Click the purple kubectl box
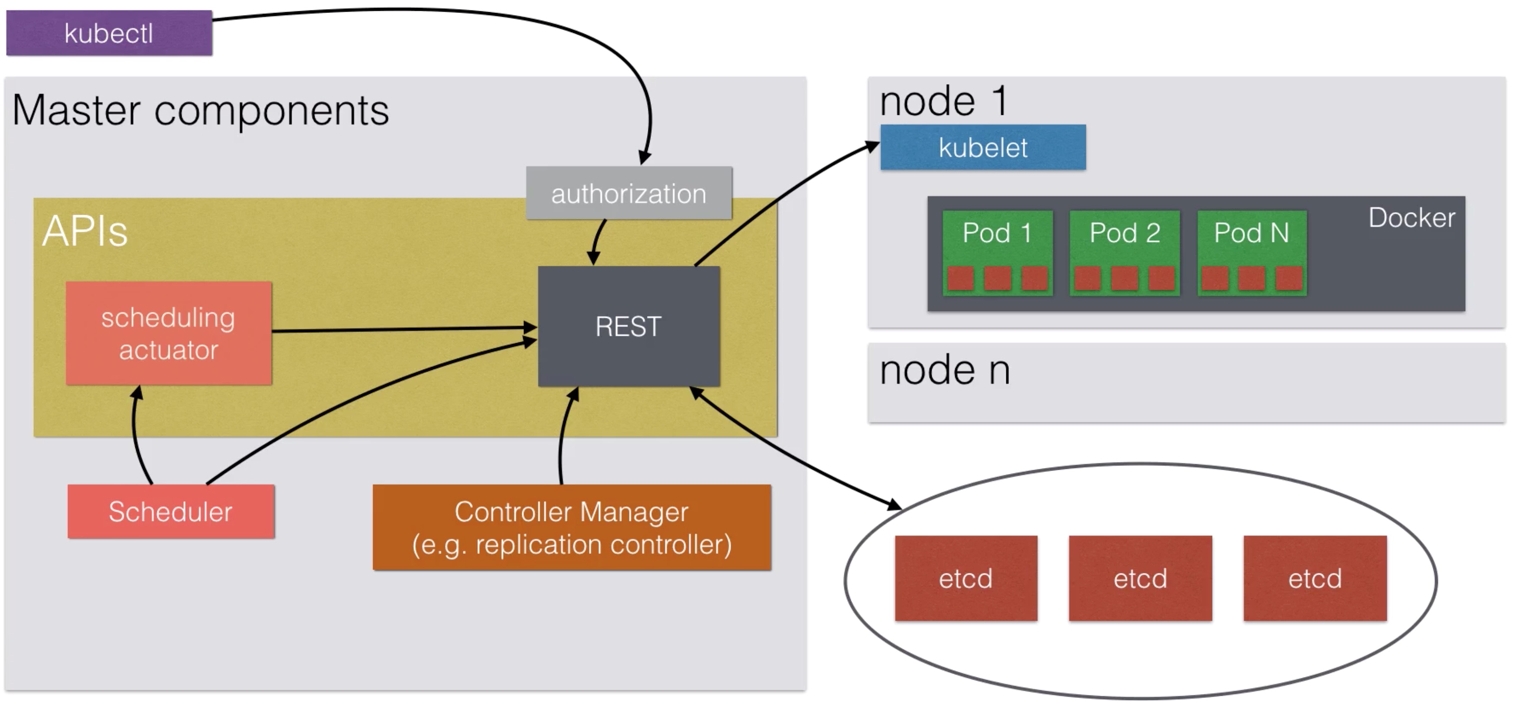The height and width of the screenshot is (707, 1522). tap(109, 33)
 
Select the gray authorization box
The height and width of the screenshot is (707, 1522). tap(629, 193)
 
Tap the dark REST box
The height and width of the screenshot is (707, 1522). tap(629, 326)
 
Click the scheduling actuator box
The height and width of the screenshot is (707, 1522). tap(169, 334)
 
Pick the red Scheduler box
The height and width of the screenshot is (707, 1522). tap(171, 511)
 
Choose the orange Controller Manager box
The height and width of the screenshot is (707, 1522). tap(572, 527)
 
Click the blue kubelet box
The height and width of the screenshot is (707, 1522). tap(983, 147)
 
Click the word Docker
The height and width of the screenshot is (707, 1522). tap(1412, 218)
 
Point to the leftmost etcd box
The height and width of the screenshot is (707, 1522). tap(966, 578)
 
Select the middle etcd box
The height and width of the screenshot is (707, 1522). tap(1140, 578)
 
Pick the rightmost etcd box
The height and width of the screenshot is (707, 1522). tap(1315, 578)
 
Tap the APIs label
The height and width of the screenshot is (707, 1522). tap(85, 231)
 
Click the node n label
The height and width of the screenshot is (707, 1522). tap(945, 371)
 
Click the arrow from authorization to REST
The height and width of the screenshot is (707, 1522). tap(597, 241)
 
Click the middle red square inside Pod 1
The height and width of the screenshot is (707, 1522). tap(997, 278)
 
